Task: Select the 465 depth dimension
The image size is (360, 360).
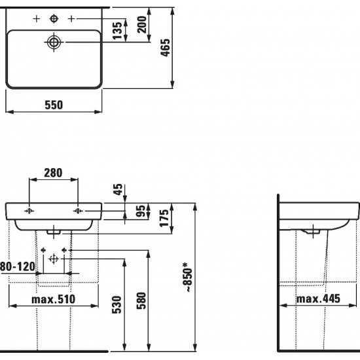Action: click(185, 48)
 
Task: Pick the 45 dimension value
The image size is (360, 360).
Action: click(118, 190)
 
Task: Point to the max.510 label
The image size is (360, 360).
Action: click(54, 299)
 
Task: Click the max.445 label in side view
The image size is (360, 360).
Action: click(319, 299)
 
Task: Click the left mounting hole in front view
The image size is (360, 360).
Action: click(29, 211)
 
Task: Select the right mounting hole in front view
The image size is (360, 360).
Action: click(79, 211)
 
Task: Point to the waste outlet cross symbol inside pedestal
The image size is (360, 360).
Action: click(54, 260)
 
